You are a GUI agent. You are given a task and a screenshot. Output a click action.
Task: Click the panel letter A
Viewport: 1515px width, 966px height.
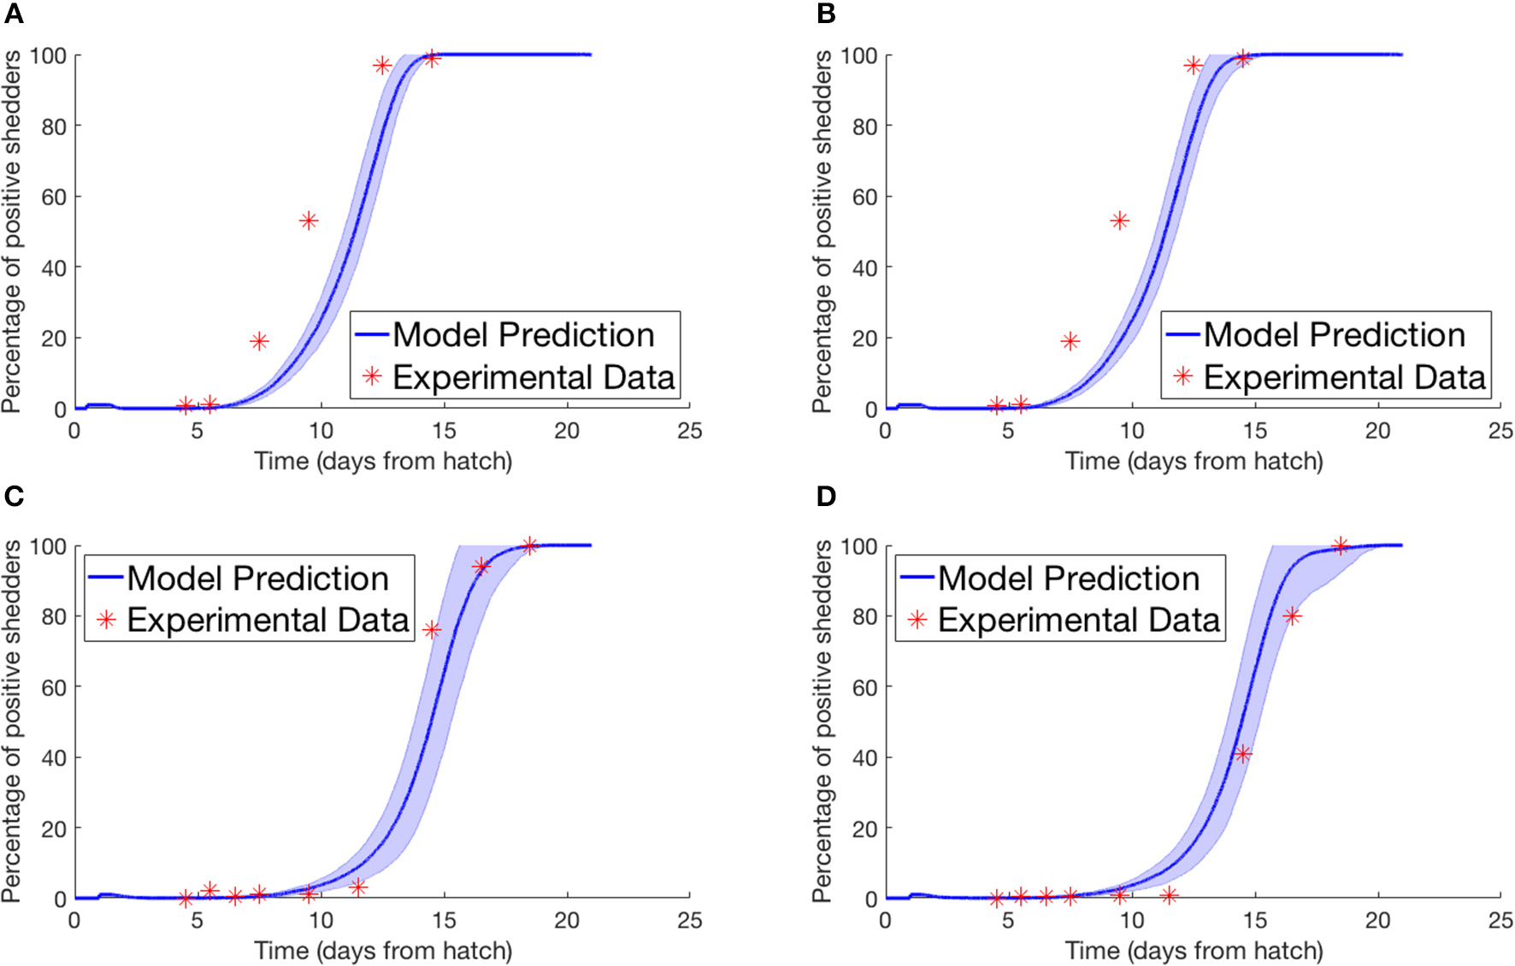coord(13,13)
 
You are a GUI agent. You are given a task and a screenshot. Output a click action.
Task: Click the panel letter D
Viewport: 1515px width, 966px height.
coord(826,496)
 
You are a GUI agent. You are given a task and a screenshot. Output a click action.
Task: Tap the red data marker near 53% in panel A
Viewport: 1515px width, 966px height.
coord(309,221)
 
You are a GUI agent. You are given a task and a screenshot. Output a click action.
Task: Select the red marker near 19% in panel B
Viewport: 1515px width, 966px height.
coord(1070,341)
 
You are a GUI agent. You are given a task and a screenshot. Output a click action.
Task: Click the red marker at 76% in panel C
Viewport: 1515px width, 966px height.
coord(432,630)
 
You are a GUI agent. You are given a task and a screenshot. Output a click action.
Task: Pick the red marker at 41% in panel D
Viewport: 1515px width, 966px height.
coord(1242,753)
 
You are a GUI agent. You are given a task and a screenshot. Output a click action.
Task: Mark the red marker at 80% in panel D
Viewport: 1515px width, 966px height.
coord(1292,616)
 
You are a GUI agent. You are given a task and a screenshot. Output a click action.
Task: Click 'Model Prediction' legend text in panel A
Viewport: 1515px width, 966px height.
coord(523,335)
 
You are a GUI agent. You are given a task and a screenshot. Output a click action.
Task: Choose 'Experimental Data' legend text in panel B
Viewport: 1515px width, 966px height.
coord(1344,377)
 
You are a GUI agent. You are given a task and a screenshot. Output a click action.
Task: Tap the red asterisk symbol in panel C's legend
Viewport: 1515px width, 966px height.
coord(107,620)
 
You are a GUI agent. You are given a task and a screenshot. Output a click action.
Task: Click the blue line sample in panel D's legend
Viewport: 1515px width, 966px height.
coord(917,578)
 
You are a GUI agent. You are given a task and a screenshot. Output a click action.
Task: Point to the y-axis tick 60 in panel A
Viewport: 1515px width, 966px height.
coord(54,197)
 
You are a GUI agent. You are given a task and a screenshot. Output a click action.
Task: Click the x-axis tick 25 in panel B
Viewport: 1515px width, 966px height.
coord(1500,431)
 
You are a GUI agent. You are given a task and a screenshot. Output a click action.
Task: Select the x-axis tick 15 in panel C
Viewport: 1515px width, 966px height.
coord(443,921)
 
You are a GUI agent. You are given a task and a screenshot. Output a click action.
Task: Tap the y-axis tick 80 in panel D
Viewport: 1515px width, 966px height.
coord(864,616)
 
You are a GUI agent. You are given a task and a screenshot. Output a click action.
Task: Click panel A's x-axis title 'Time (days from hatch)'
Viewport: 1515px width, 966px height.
coord(383,462)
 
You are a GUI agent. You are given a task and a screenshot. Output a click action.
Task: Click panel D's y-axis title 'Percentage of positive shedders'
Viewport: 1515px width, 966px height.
coord(822,721)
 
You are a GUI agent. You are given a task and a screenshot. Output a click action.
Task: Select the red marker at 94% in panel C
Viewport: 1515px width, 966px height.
coord(480,566)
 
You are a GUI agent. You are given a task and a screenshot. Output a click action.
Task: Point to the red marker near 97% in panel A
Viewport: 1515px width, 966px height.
coord(382,66)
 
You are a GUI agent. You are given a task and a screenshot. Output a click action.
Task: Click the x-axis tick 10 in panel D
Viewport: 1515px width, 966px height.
coord(1131,921)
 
